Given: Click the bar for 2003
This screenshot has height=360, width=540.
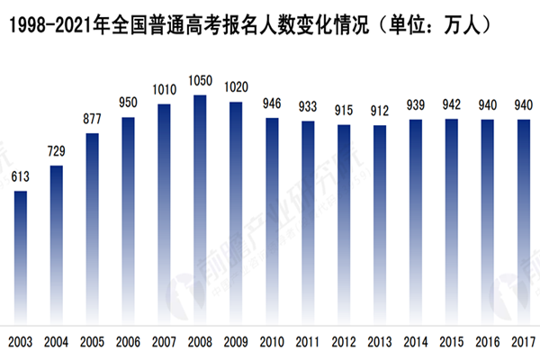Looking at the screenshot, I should [x=20, y=256].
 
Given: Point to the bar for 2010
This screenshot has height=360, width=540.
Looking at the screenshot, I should [x=272, y=220].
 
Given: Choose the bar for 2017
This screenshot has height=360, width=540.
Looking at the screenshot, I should [x=524, y=221].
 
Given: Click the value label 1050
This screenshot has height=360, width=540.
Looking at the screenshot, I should [x=200, y=80].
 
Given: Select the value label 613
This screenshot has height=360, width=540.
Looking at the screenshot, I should [x=20, y=177].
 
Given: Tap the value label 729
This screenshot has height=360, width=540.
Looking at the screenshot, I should [x=56, y=151].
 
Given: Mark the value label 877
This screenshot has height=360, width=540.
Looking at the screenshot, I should [x=92, y=119].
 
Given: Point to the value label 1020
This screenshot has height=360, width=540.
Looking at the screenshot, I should [x=236, y=87].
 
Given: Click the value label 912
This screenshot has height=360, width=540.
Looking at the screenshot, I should [x=380, y=112].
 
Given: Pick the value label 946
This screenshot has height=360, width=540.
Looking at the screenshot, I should [x=272, y=103].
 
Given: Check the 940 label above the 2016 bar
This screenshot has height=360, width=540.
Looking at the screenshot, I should [x=488, y=105].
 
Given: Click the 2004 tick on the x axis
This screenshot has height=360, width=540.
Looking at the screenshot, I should [x=56, y=342].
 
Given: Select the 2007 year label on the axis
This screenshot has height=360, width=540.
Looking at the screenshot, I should [x=164, y=342].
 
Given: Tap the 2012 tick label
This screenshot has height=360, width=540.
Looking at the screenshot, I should [x=344, y=342].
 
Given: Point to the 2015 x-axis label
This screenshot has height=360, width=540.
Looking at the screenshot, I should [x=452, y=342].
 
